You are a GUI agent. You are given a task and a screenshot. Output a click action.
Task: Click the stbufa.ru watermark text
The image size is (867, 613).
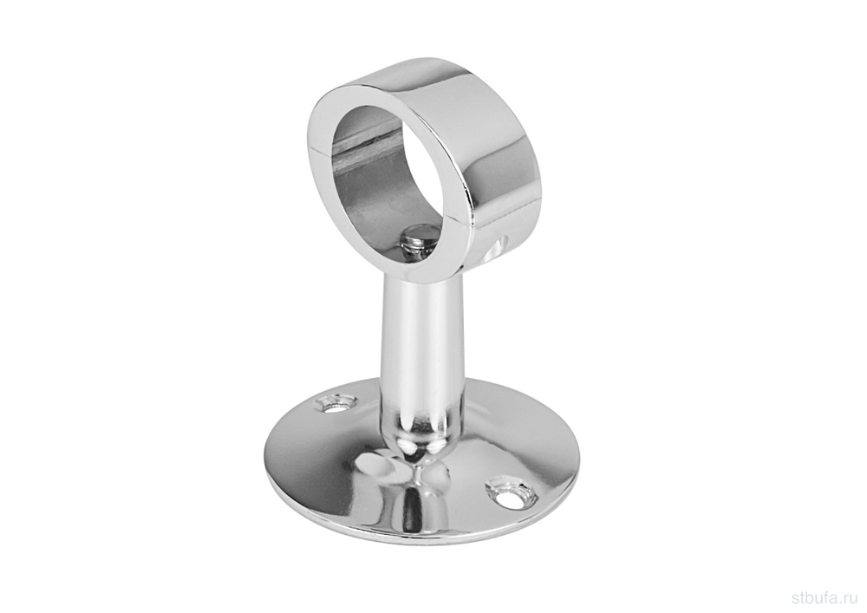point(825,597)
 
